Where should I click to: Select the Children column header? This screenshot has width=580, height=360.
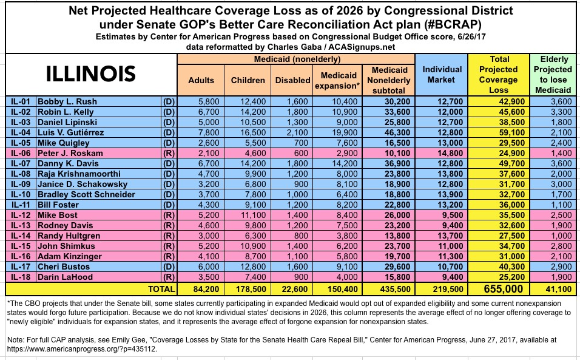(248, 80)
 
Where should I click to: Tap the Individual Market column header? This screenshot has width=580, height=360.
(442, 75)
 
